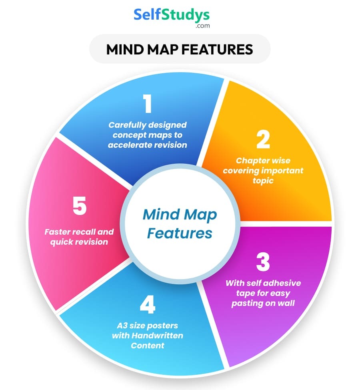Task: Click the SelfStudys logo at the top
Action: [x=171, y=15]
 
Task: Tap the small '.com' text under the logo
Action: [x=202, y=26]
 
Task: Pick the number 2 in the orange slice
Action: [x=263, y=140]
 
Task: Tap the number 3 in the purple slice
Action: [x=263, y=262]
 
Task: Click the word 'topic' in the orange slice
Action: [x=263, y=181]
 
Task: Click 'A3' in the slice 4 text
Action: [x=121, y=325]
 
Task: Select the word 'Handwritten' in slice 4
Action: [x=157, y=335]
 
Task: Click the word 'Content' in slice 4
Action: [x=147, y=345]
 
